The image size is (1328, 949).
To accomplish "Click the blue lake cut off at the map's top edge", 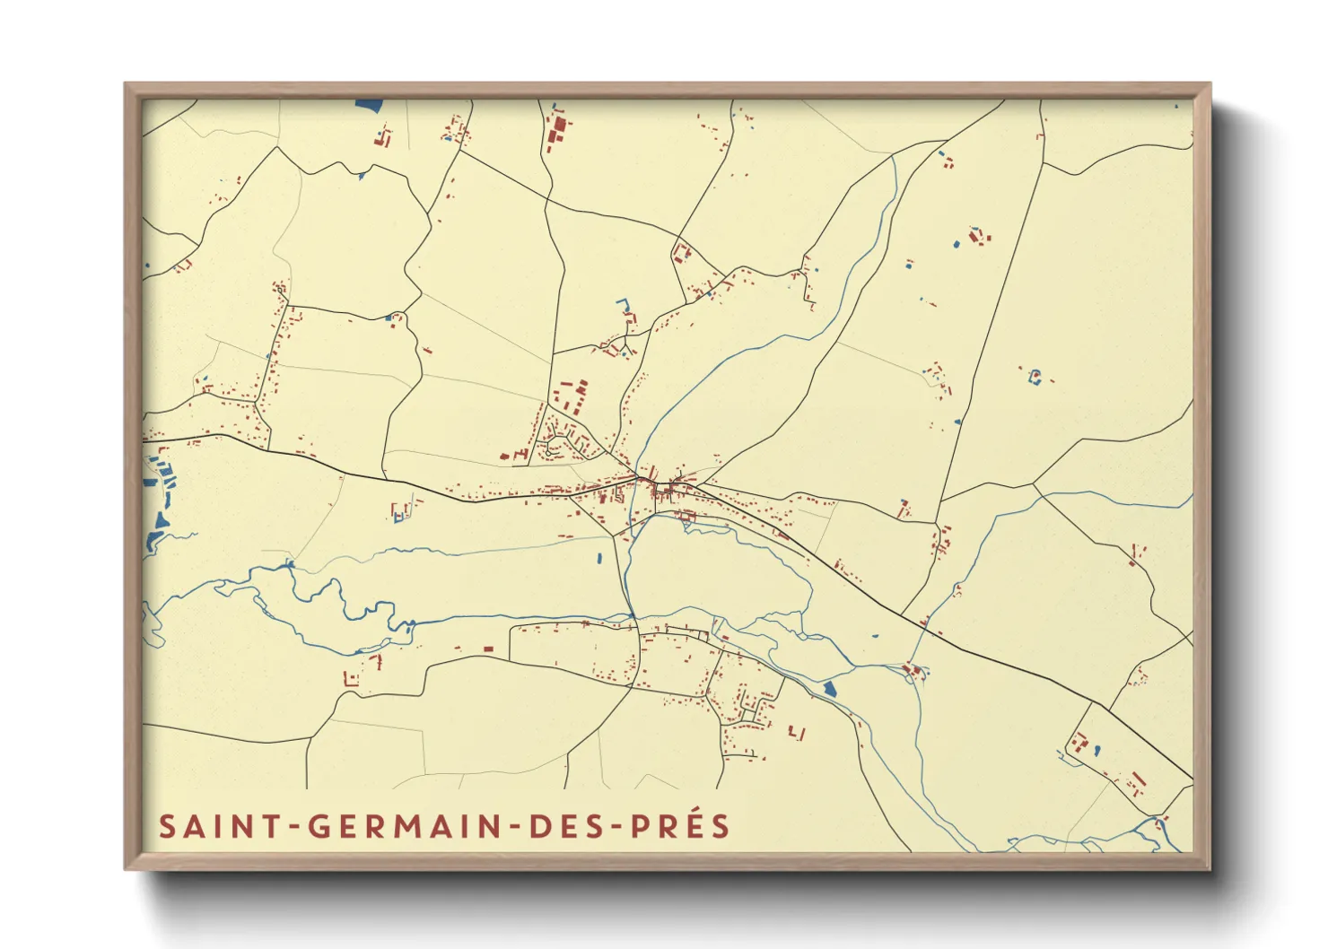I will (369, 104).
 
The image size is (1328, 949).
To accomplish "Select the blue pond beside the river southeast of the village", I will (829, 689).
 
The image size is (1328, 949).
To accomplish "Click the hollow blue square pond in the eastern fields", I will (1035, 376).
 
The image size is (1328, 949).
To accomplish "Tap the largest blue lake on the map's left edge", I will (162, 520).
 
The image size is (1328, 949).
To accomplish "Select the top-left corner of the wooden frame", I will (127, 85).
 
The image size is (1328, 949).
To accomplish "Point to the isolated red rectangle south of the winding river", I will (489, 648).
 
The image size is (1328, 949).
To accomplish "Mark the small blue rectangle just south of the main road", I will (599, 559).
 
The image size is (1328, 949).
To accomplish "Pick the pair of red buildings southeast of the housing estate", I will (797, 734).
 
